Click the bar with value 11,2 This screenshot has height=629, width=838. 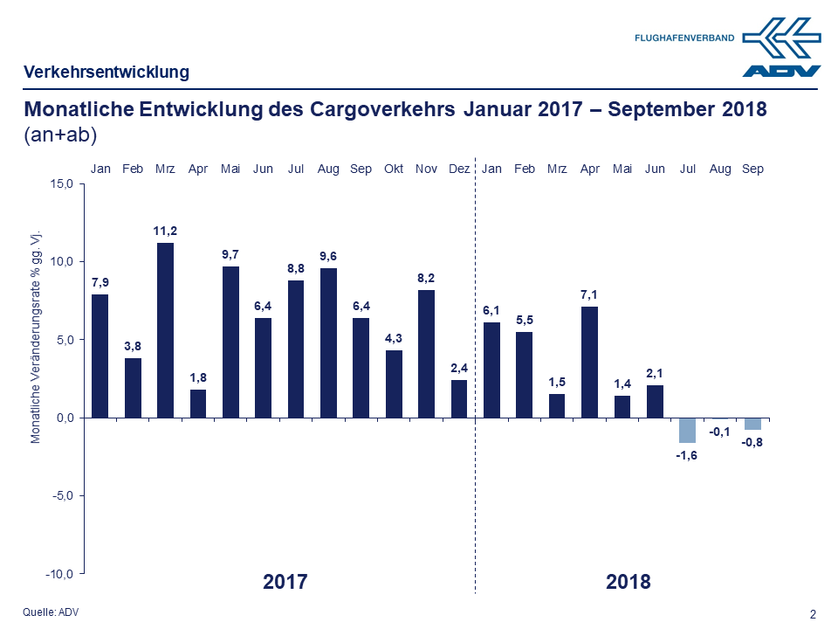165,329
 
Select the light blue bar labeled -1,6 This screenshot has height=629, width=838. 687,430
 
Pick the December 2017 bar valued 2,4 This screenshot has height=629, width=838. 459,398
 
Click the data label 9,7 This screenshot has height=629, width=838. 230,254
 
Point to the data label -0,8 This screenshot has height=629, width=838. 752,442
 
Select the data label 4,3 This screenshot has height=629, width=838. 394,338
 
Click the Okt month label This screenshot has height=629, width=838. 394,169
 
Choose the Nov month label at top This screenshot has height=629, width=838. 426,169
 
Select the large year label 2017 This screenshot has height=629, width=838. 285,582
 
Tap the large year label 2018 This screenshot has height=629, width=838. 628,582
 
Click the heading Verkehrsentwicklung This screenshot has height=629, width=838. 106,72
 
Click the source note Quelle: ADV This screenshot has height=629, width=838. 51,612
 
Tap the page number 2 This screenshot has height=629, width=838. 814,614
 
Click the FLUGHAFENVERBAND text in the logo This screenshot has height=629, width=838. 683,38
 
